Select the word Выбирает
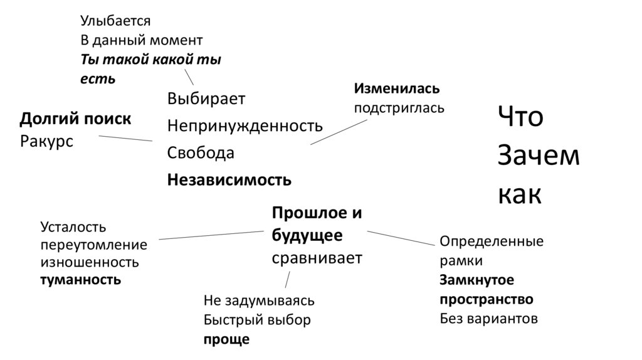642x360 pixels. (x=206, y=99)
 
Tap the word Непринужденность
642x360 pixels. (x=245, y=125)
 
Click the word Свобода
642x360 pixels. (x=201, y=152)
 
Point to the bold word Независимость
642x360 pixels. (x=229, y=180)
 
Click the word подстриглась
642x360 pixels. (x=399, y=107)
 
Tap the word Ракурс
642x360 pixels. (x=46, y=141)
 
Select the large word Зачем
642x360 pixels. (x=539, y=156)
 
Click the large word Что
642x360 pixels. (x=520, y=118)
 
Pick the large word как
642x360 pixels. (x=520, y=194)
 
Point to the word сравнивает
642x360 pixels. (x=317, y=258)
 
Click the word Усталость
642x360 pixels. (x=73, y=226)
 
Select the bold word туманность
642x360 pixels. (x=80, y=280)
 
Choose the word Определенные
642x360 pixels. (x=492, y=241)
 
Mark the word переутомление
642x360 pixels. (x=93, y=245)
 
